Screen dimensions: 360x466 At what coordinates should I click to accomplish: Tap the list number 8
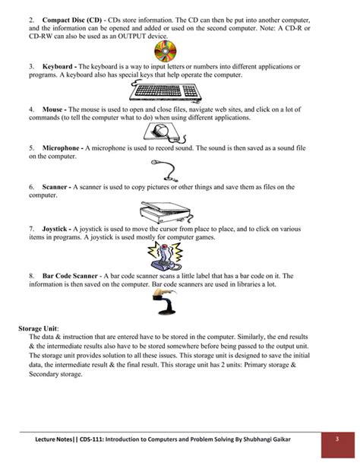(31, 276)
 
